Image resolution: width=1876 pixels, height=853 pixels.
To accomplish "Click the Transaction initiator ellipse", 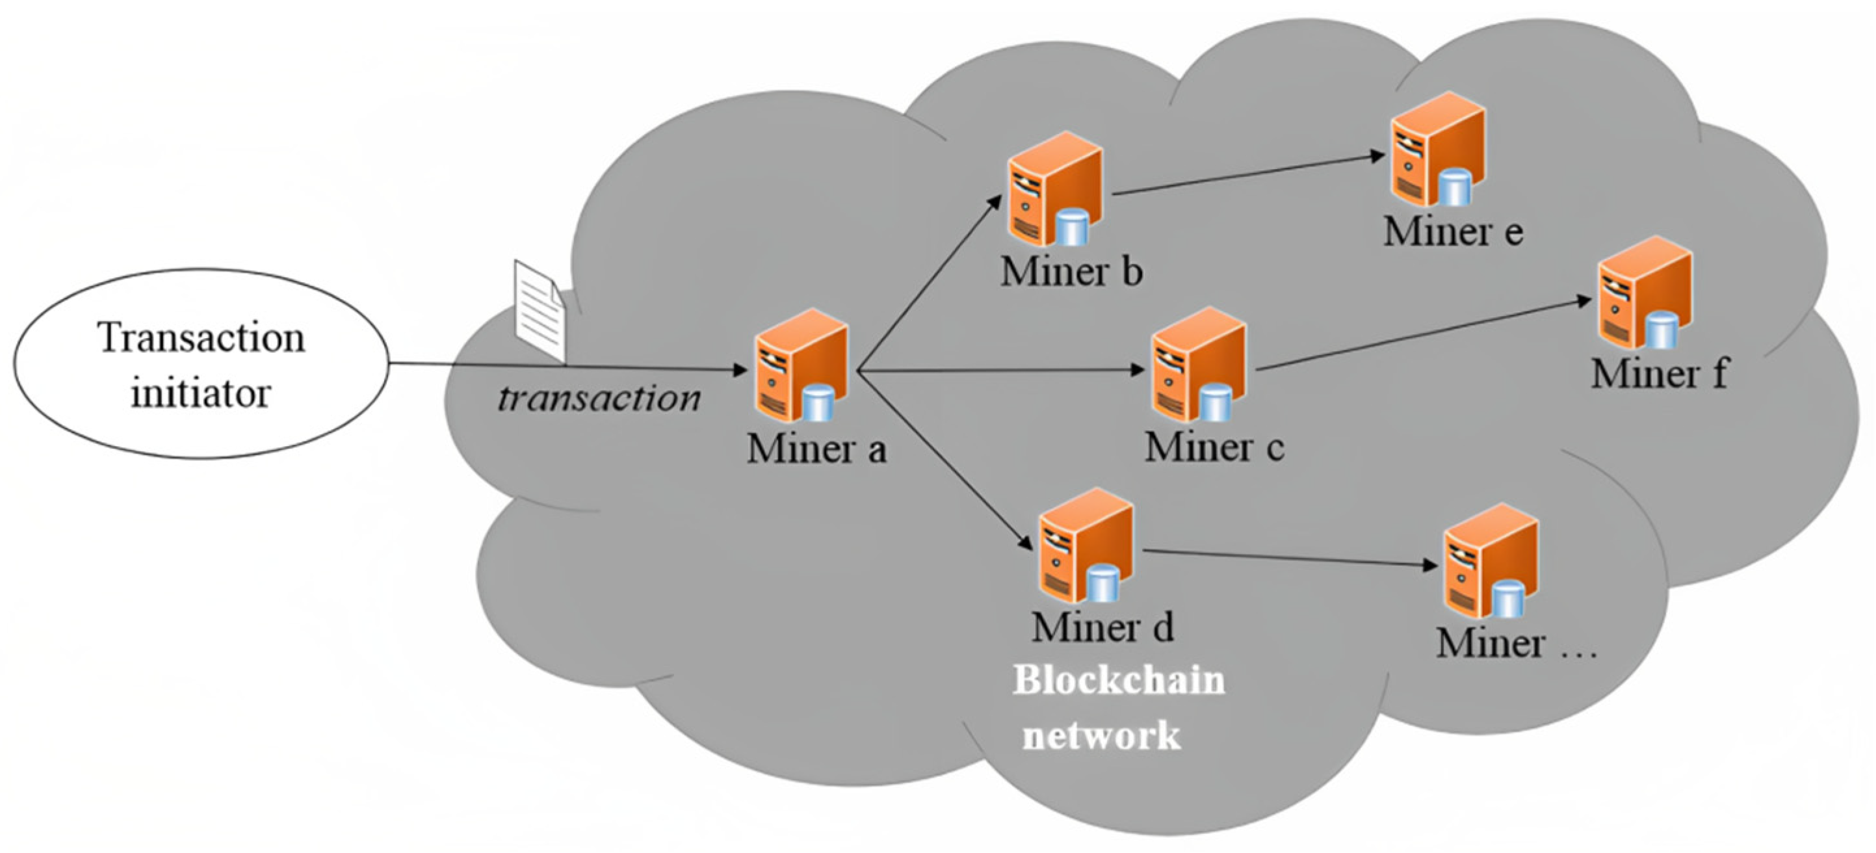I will point(201,363).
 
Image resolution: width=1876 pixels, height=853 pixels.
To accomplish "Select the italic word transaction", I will point(599,399).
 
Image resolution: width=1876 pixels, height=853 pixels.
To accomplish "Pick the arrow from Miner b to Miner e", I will point(1249,175).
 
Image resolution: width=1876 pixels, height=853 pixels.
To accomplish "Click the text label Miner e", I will point(1453,231).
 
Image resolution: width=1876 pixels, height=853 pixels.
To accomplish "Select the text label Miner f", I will point(1659,374).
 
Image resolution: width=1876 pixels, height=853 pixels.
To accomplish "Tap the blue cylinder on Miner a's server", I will point(819,404).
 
